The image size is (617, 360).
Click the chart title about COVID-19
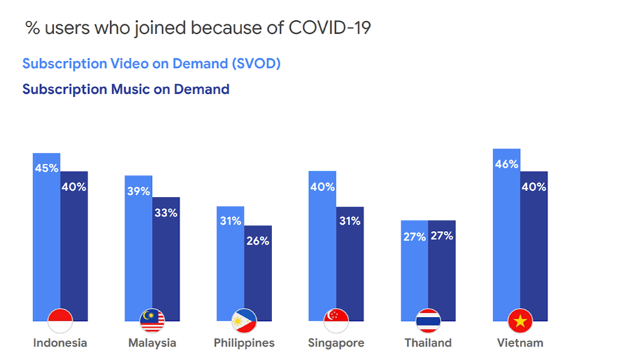coord(198,28)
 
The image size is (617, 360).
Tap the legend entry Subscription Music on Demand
coord(126,89)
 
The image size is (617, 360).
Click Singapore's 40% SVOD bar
coord(322,243)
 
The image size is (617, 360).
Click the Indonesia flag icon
coord(60,320)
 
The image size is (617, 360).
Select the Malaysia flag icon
coord(152,320)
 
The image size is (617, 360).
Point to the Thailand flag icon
coord(428,320)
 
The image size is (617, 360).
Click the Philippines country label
coord(244,343)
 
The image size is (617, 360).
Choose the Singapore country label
coord(336,343)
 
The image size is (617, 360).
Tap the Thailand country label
coord(428,343)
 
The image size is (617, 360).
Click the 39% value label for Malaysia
coord(138,191)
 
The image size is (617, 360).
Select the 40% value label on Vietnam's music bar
coord(534,187)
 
